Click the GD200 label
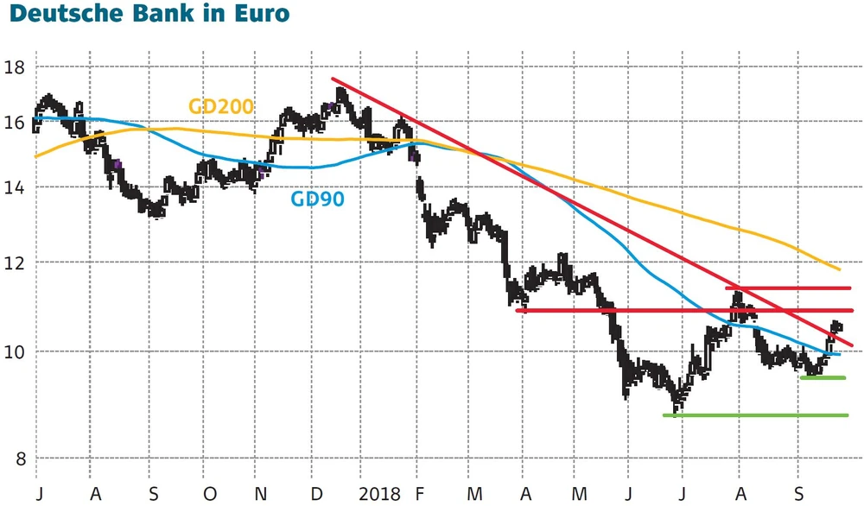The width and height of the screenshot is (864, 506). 220,106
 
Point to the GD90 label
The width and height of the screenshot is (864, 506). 316,200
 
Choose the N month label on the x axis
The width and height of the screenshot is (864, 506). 261,494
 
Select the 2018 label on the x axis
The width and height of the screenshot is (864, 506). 380,494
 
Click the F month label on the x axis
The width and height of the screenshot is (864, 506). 420,494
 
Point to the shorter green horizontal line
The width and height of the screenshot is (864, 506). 823,377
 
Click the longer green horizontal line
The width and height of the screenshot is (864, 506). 755,415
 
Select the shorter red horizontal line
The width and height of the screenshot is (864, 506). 788,288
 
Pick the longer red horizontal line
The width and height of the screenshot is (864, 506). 683,310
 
